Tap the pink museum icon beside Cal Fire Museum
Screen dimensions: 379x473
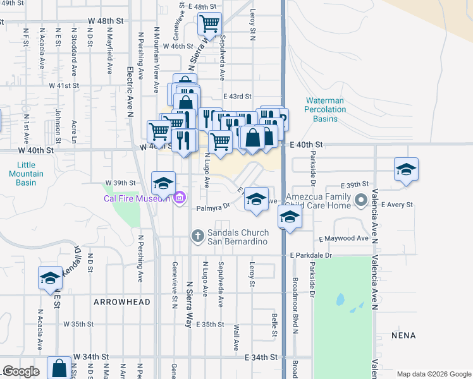pyautogui.click(x=179, y=199)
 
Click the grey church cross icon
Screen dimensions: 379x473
pyautogui.click(x=197, y=236)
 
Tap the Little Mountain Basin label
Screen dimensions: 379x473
pyautogui.click(x=26, y=174)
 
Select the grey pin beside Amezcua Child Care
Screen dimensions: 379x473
pyautogui.click(x=361, y=201)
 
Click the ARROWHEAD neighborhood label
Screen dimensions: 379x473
pyautogui.click(x=122, y=302)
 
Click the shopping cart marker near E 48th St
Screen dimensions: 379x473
pyautogui.click(x=209, y=24)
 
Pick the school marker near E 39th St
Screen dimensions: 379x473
pyautogui.click(x=406, y=169)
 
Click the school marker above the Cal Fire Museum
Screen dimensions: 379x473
pyautogui.click(x=163, y=183)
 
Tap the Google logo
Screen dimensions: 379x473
pyautogui.click(x=20, y=371)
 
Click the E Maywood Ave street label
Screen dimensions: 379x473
pyautogui.click(x=343, y=239)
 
